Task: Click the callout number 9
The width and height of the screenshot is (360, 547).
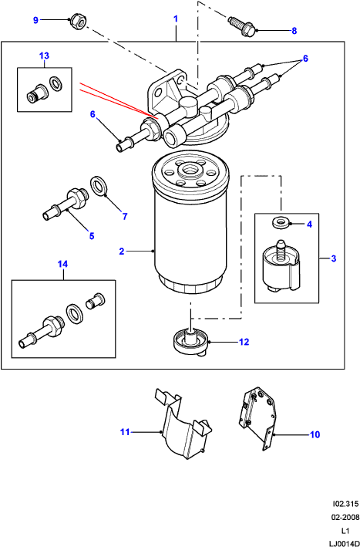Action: click(x=35, y=20)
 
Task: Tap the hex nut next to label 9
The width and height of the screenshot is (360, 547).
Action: click(x=79, y=22)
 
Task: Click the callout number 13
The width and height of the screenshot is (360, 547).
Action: click(x=44, y=56)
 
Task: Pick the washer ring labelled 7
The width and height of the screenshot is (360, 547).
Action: click(x=99, y=186)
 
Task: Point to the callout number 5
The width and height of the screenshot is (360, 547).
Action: click(x=92, y=236)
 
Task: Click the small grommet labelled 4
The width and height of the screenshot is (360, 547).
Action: click(x=279, y=222)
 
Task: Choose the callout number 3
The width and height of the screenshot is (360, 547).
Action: click(x=334, y=258)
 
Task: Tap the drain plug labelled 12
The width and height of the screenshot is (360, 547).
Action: click(x=190, y=343)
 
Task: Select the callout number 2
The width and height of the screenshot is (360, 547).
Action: click(x=122, y=252)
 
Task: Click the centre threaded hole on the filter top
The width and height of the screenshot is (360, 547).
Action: click(x=190, y=171)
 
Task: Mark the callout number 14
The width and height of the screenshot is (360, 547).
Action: click(x=62, y=264)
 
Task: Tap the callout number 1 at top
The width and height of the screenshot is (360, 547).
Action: click(x=176, y=19)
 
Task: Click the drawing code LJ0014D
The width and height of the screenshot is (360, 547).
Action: click(x=345, y=543)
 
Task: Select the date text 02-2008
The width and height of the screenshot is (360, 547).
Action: click(x=346, y=517)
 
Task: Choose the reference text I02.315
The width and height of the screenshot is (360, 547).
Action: click(x=345, y=504)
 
